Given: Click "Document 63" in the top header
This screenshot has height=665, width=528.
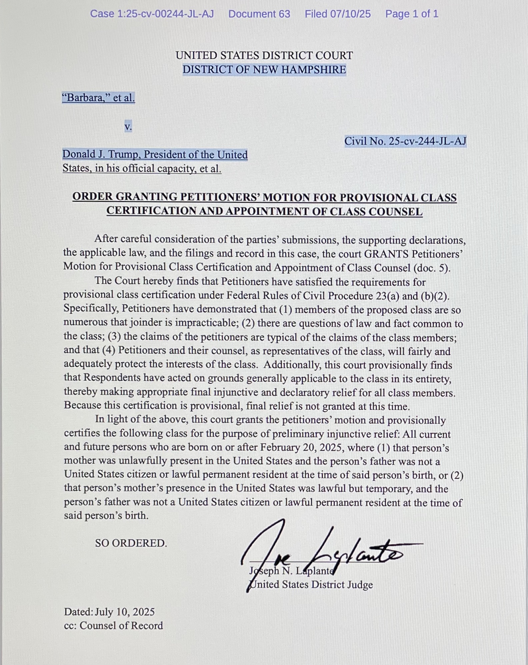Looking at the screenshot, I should pyautogui.click(x=259, y=14).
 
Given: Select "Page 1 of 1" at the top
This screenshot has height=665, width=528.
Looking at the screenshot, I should pyautogui.click(x=412, y=14).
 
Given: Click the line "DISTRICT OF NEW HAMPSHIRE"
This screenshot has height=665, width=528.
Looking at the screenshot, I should pyautogui.click(x=264, y=70).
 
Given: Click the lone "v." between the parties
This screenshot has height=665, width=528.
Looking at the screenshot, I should pyautogui.click(x=128, y=127).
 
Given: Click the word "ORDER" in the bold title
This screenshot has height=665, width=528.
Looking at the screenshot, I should pyautogui.click(x=92, y=197).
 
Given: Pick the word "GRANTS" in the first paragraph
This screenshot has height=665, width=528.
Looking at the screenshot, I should pyautogui.click(x=386, y=254).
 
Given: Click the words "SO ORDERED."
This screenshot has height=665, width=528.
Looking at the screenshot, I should pyautogui.click(x=131, y=543).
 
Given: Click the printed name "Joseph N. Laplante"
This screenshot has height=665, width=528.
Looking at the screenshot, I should pyautogui.click(x=291, y=571).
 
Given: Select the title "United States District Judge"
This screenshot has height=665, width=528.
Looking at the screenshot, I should pyautogui.click(x=311, y=585).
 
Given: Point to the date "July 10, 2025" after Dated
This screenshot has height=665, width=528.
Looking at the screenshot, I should pyautogui.click(x=125, y=612).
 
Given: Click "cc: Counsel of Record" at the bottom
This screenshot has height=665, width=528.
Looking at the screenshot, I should pyautogui.click(x=113, y=626).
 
